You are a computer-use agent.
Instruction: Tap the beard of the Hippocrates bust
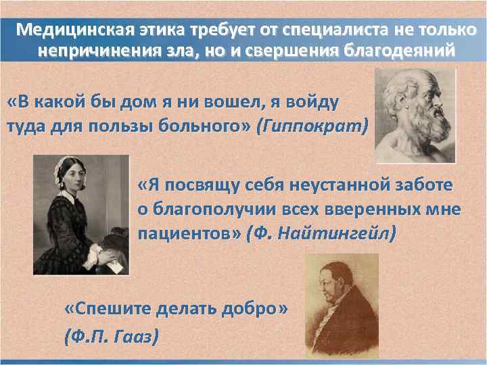(x=427, y=128)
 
